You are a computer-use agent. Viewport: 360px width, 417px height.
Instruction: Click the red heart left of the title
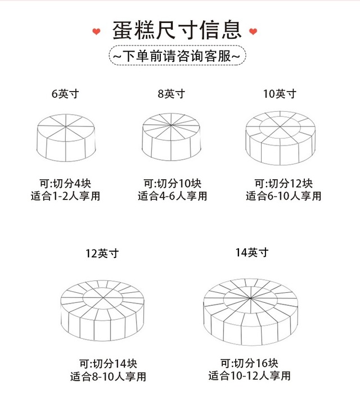click(96, 31)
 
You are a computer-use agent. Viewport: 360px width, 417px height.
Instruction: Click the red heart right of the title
click(253, 31)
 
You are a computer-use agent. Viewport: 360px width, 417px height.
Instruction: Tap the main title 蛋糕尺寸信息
click(177, 30)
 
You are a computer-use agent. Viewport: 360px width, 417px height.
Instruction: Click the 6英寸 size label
click(65, 94)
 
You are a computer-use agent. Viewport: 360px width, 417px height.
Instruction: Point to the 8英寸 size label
click(171, 94)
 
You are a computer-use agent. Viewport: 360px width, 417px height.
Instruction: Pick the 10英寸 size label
click(280, 94)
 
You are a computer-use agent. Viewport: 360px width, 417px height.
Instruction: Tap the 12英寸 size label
click(102, 253)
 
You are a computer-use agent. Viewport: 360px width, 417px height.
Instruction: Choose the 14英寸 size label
click(252, 252)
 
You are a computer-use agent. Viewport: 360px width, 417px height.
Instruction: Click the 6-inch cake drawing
click(66, 138)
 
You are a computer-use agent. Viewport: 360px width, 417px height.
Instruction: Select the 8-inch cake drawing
click(171, 137)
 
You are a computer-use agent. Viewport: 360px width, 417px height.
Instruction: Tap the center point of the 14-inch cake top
click(250, 298)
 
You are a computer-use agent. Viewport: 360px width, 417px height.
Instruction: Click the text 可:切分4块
click(65, 183)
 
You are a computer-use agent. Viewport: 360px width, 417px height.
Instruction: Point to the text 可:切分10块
click(172, 183)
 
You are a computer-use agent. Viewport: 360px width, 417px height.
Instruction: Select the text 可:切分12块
click(283, 183)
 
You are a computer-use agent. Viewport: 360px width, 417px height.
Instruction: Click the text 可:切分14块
click(108, 363)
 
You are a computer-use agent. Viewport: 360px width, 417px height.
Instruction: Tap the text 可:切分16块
click(249, 362)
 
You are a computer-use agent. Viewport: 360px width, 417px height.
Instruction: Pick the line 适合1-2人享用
click(65, 196)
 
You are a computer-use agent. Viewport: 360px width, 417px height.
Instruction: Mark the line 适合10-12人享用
click(249, 375)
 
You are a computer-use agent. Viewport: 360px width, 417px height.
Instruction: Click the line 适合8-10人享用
click(108, 377)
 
